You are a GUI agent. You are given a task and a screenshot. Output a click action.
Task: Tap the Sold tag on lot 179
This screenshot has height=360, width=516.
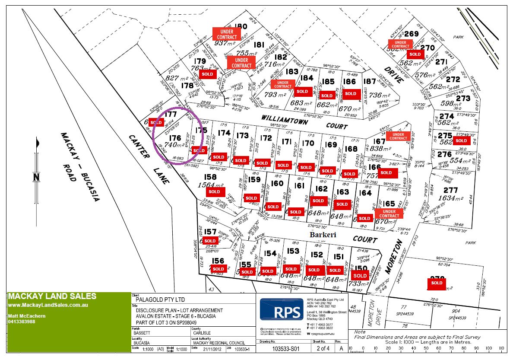[207, 74]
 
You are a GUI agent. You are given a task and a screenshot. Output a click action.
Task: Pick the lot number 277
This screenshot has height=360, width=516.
[450, 190]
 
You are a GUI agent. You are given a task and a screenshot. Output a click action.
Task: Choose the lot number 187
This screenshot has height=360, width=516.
[370, 81]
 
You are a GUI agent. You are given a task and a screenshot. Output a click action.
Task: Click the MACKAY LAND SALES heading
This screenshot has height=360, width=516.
[52, 297]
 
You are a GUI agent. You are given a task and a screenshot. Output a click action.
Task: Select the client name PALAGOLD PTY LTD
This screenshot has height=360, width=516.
[160, 299]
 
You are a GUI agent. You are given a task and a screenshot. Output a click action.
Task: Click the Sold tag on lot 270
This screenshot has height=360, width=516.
[415, 54]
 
